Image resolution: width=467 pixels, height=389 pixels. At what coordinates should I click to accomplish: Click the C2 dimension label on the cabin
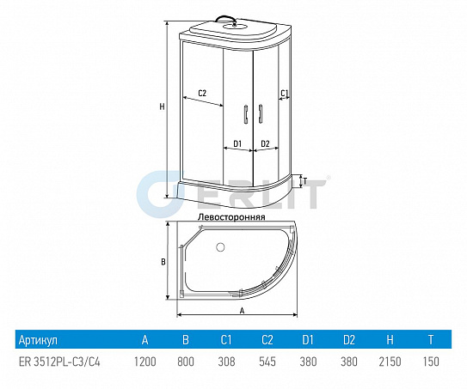[x=202, y=93]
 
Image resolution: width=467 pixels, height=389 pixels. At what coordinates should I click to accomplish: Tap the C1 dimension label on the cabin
[x=285, y=93]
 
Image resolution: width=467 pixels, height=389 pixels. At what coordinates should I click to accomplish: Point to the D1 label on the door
[x=237, y=144]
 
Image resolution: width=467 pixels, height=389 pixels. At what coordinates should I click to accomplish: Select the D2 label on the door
[x=265, y=144]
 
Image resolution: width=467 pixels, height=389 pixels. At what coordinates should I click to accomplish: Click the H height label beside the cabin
[x=162, y=106]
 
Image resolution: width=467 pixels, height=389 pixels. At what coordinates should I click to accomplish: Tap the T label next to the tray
[x=304, y=181]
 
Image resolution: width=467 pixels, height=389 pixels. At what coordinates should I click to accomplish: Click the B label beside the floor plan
[x=163, y=262]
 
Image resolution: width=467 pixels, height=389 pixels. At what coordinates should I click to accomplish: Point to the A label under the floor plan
[x=243, y=311]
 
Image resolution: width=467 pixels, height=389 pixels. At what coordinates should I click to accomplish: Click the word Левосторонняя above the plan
[x=231, y=217]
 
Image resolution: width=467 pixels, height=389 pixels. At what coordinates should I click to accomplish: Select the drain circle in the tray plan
[x=220, y=246]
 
